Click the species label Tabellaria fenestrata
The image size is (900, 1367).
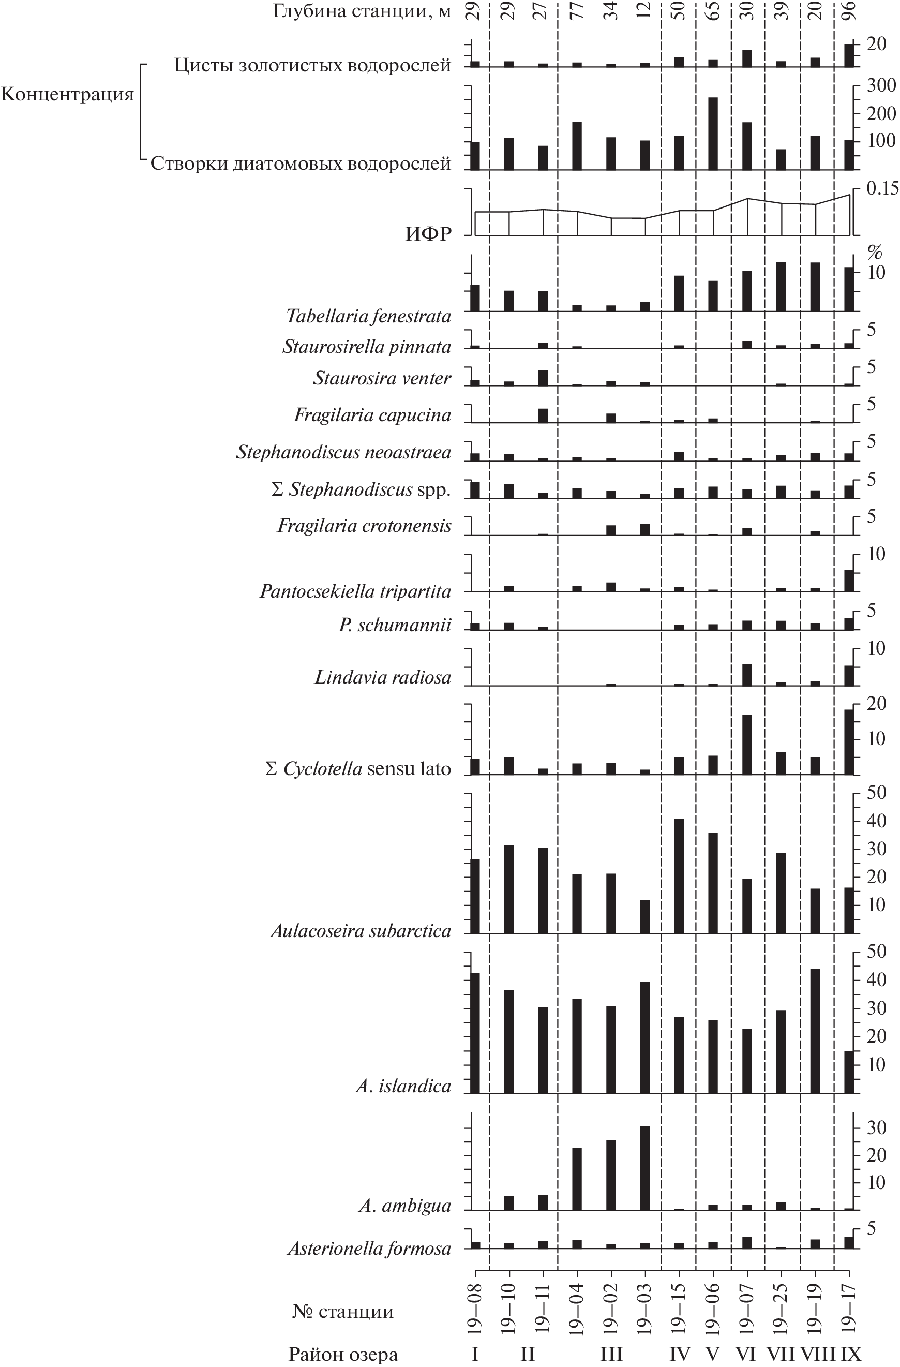[x=368, y=317]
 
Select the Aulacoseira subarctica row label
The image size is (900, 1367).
[x=361, y=931]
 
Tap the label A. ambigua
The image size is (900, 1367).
[x=405, y=1206]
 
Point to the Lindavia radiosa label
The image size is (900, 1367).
[x=383, y=678]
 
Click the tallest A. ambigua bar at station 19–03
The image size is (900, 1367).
[x=645, y=1168]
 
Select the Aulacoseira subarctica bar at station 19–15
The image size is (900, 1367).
[x=679, y=876]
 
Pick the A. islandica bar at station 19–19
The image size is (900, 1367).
[x=815, y=1031]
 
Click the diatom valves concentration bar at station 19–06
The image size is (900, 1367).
[x=713, y=133]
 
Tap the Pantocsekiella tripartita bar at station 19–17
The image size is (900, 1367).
[x=848, y=580]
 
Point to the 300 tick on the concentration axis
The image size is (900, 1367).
[x=881, y=85]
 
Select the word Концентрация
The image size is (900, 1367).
[x=67, y=94]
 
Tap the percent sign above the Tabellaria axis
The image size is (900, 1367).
[x=874, y=251]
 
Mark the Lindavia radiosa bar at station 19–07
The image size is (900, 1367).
[x=747, y=675]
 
